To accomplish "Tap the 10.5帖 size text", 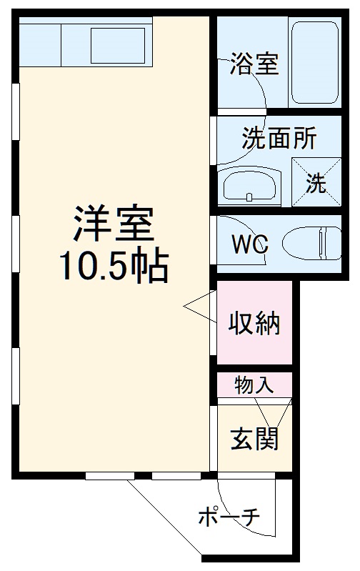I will (113, 266).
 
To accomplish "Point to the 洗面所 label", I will (279, 138).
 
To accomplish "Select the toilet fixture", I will (312, 243).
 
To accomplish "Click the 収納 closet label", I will (254, 324).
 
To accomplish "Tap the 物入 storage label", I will (254, 385).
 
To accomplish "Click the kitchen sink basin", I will (119, 44).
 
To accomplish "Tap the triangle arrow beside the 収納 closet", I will (199, 307).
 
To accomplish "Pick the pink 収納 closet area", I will (255, 343).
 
